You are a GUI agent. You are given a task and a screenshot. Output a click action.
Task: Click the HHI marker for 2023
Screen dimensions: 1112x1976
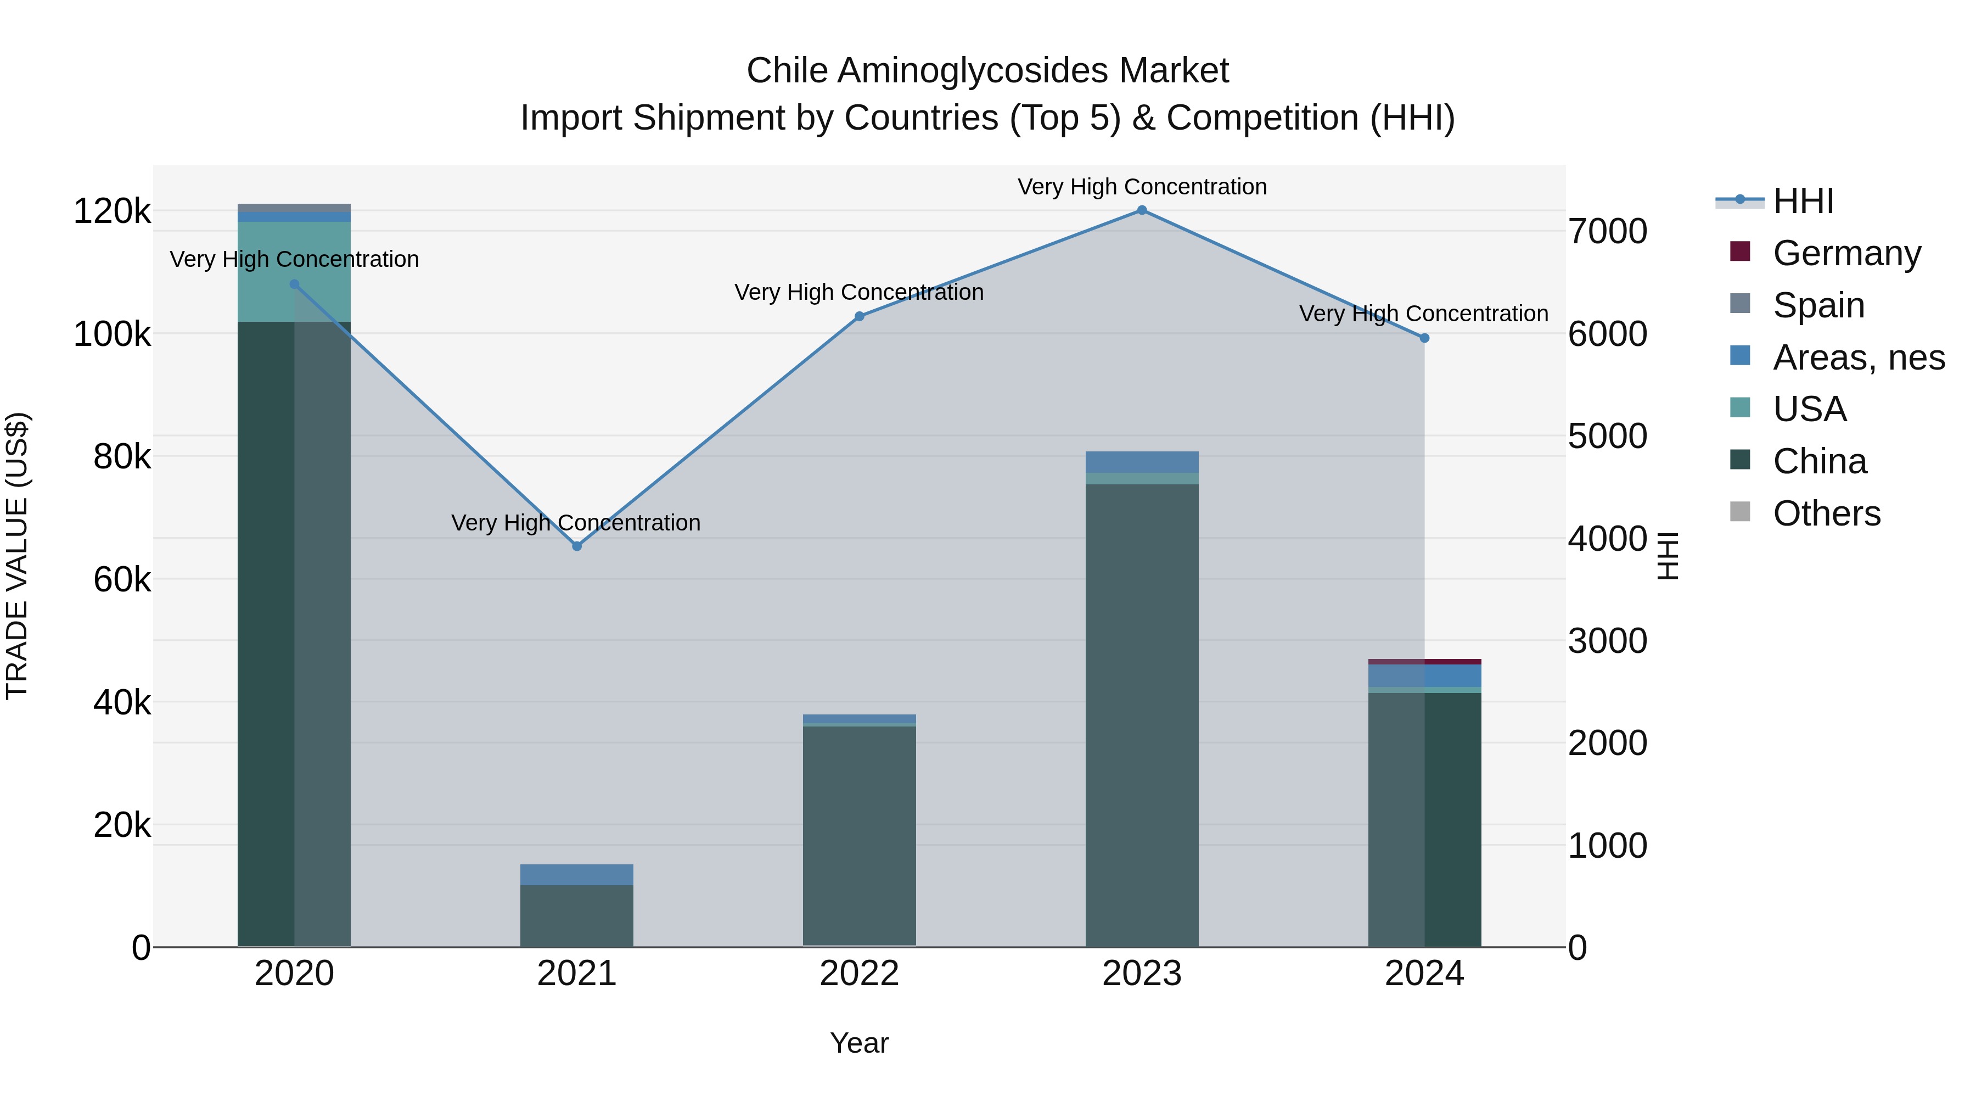[1142, 210]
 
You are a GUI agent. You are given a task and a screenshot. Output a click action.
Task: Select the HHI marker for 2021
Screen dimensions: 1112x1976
[577, 546]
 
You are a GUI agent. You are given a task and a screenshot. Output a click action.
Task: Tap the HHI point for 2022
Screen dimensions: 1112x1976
[859, 316]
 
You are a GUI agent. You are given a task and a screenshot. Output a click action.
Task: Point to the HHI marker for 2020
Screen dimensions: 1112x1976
[295, 284]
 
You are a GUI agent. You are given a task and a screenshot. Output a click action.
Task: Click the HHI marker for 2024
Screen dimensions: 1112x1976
[1424, 338]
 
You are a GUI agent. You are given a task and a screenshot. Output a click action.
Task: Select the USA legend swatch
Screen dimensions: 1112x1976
[1741, 407]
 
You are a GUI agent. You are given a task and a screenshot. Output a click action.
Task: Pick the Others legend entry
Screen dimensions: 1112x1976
[1826, 513]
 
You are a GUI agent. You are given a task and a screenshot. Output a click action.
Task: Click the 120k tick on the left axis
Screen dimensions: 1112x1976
[112, 212]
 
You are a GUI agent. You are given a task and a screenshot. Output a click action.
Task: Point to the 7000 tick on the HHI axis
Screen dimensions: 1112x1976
[1607, 232]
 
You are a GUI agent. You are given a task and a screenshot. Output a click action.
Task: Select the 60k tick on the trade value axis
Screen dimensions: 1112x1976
[122, 580]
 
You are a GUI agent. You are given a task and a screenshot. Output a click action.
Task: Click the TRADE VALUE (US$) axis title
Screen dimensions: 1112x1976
[17, 556]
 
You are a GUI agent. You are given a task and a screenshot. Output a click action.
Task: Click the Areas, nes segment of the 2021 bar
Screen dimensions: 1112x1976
[577, 875]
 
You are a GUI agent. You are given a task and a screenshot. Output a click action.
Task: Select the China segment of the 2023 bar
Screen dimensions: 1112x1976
[1142, 714]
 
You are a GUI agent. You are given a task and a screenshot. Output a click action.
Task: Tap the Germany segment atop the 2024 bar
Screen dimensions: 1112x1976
[1424, 662]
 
